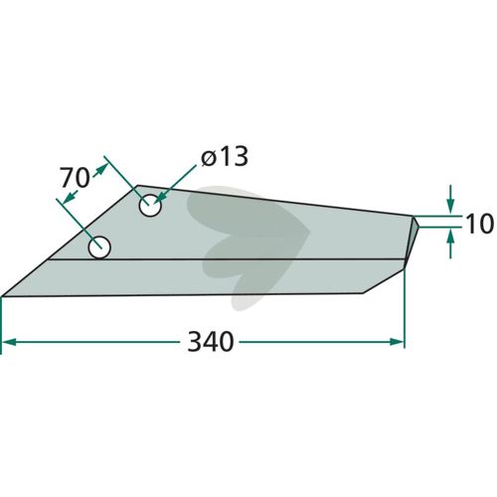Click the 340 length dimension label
point(211,342)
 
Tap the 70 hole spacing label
point(75,178)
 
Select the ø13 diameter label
point(225,156)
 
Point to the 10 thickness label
point(479,224)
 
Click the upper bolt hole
point(150,206)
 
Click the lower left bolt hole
point(99,248)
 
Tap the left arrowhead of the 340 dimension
point(9,342)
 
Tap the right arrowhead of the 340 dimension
point(398,342)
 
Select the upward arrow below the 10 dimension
point(450,243)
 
